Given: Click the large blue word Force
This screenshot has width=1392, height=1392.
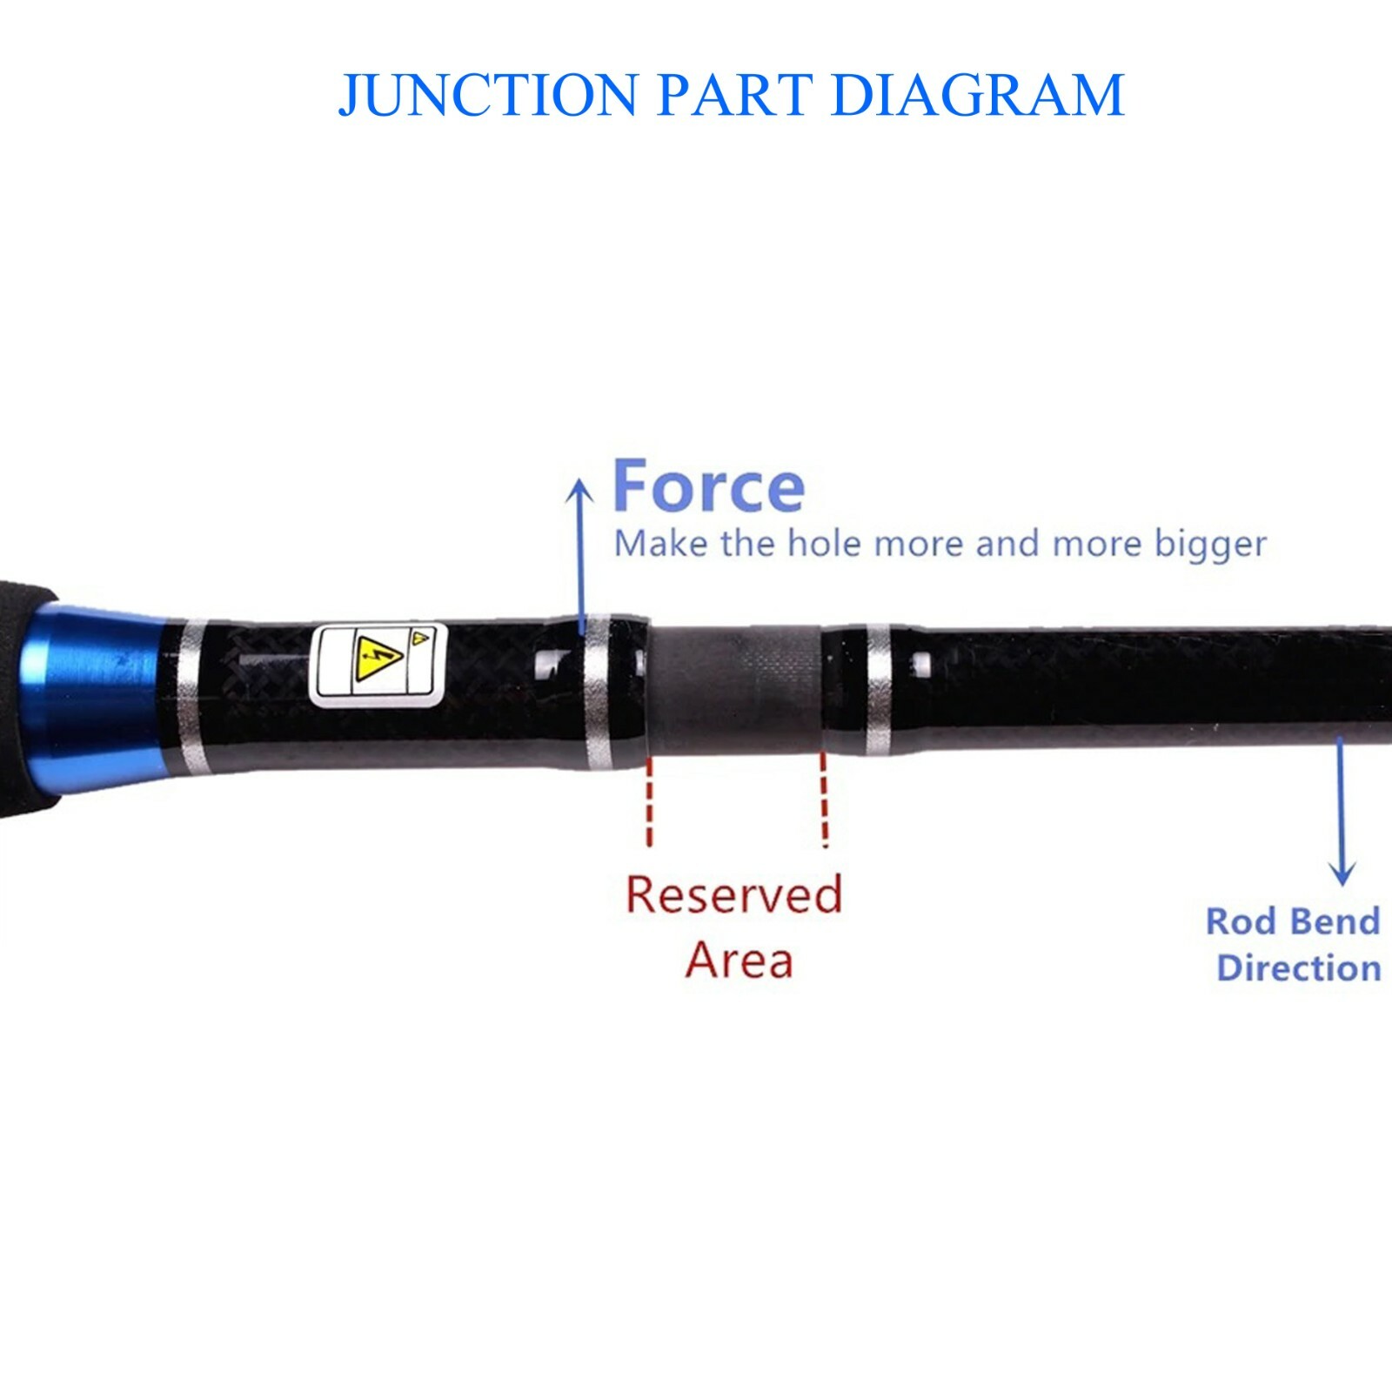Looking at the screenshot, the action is click(709, 486).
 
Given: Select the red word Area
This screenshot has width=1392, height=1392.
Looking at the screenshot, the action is click(739, 960).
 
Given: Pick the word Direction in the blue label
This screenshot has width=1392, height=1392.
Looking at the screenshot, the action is click(1299, 967).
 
